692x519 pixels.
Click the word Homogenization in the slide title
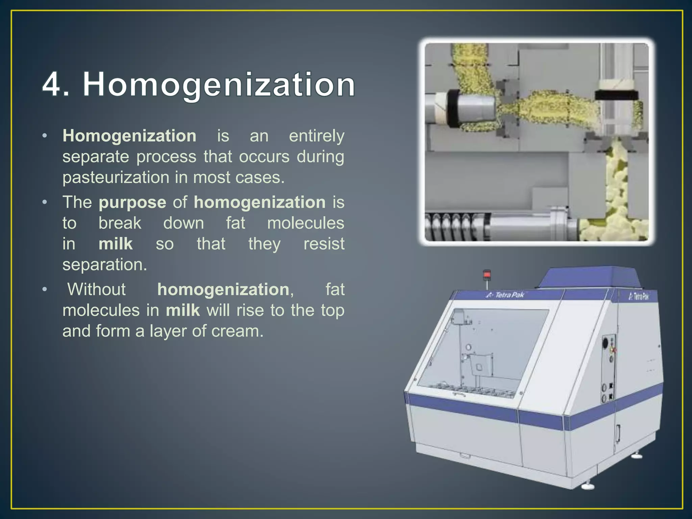click(219, 84)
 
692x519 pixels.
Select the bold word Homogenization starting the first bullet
click(129, 136)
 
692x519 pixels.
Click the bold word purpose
click(132, 202)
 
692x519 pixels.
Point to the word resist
click(324, 244)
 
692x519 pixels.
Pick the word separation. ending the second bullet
click(105, 265)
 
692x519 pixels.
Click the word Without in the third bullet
click(97, 290)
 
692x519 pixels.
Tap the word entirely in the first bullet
click(317, 136)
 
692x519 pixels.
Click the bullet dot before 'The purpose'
click(45, 202)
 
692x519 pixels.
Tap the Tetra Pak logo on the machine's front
click(505, 295)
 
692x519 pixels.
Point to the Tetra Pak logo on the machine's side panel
click(639, 297)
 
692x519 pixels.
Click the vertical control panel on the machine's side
click(609, 368)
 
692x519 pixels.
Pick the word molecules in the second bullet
click(305, 223)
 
